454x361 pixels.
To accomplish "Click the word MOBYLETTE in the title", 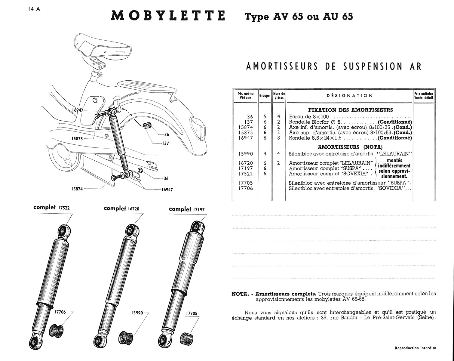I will click(x=168, y=16).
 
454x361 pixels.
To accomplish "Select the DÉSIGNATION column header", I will click(x=350, y=96).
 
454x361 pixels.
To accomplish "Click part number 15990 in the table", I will click(x=245, y=154).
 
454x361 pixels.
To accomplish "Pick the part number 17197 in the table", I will click(x=245, y=168).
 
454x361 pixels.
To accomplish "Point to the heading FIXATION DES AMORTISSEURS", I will click(x=350, y=110).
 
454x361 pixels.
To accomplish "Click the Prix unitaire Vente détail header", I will click(x=423, y=96).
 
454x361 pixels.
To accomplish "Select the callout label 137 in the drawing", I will click(x=165, y=143).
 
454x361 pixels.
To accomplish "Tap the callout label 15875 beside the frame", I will click(x=77, y=139).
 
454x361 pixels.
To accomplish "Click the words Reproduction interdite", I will click(x=415, y=348).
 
